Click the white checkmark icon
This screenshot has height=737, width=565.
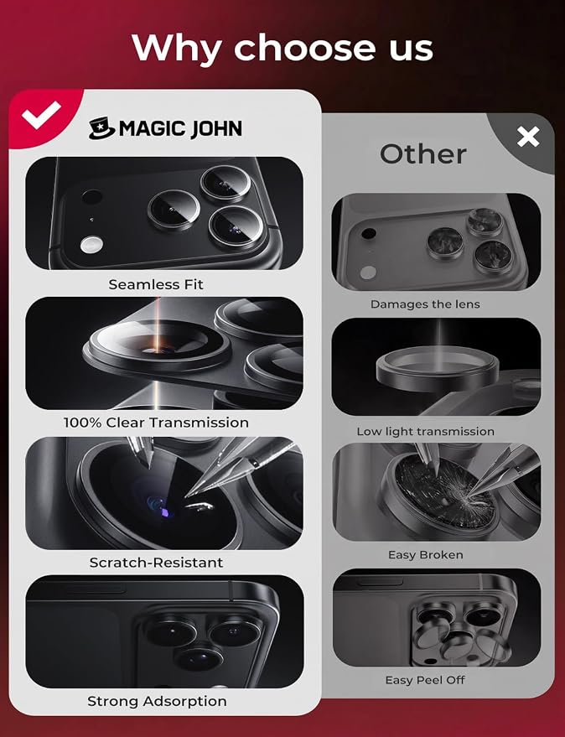pos(41,114)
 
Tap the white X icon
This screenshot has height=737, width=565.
pos(528,137)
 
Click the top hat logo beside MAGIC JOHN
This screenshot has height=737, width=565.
pos(101,128)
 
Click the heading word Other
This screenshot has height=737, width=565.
pos(423,154)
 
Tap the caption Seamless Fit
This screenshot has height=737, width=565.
pos(156,284)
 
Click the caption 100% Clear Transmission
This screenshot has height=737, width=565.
pos(156,423)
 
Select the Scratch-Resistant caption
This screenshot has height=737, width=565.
pos(156,562)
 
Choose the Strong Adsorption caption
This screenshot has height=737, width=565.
pos(157,701)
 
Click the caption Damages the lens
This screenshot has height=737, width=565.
pos(425,304)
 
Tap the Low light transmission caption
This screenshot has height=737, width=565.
pos(425,432)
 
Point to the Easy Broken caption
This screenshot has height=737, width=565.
pos(425,554)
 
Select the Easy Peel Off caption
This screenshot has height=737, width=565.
pos(425,680)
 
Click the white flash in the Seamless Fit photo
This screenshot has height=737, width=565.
pos(91,245)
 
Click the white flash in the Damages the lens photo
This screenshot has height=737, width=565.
pos(369,272)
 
